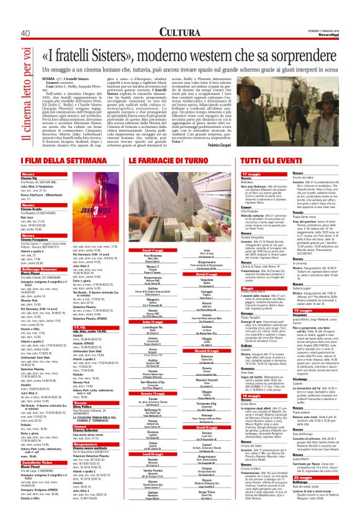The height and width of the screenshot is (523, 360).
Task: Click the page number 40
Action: pyautogui.click(x=25, y=32)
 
